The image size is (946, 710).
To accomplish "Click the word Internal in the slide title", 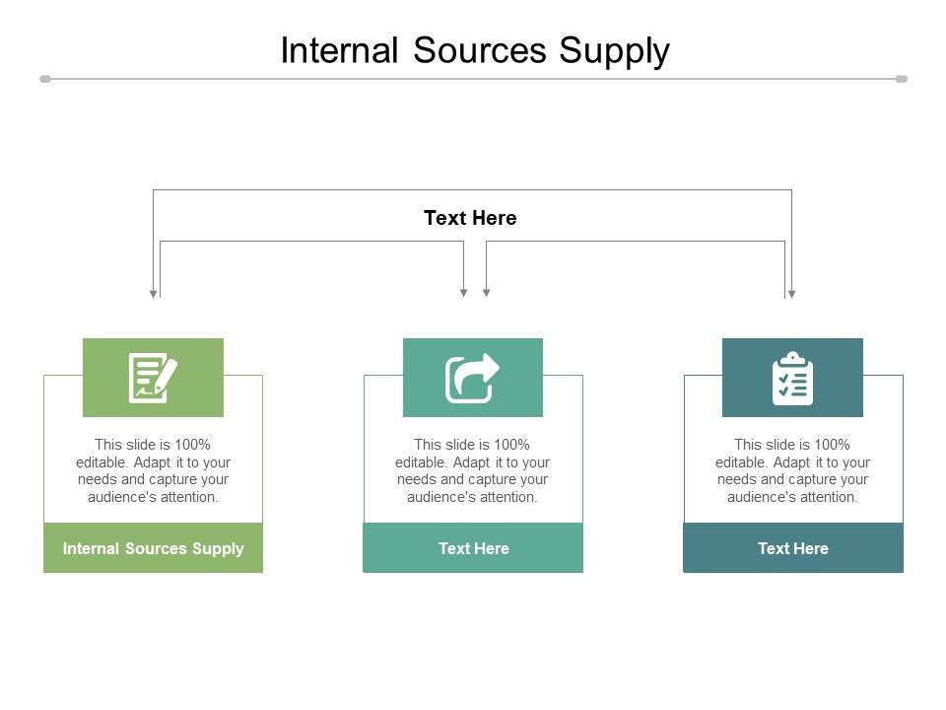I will (x=338, y=50).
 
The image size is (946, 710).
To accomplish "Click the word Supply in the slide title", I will (x=615, y=51).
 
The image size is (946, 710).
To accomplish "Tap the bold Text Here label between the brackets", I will (x=470, y=218).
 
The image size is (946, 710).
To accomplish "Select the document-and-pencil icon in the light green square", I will (x=153, y=378).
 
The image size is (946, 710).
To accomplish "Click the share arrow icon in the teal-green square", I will (x=473, y=378).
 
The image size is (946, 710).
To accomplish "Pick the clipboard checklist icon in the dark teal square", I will (x=792, y=378).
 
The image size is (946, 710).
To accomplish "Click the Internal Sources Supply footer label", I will (x=153, y=548).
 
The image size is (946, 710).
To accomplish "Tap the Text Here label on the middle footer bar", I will (x=473, y=548).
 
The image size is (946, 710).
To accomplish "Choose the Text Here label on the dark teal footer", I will (x=792, y=548).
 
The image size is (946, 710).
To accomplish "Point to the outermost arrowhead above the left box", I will (x=153, y=293).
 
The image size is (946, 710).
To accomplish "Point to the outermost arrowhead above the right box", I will (x=791, y=293).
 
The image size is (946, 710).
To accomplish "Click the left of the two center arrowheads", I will (x=464, y=293).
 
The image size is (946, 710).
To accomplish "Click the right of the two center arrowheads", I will (x=486, y=293).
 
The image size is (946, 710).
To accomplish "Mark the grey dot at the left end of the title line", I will (x=45, y=79).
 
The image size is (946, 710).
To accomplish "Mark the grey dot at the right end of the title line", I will (x=901, y=79).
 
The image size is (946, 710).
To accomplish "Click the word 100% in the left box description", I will (x=193, y=445).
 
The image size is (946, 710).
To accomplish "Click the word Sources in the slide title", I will (x=480, y=50).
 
